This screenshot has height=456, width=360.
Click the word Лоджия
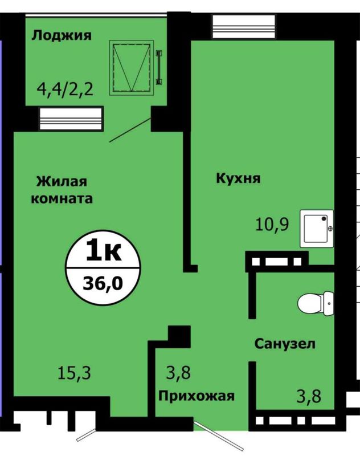tap(62, 36)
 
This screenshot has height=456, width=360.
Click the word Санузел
tap(285, 344)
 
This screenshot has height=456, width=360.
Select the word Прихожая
tap(197, 396)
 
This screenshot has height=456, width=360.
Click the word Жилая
tap(62, 182)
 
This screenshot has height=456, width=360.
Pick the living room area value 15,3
tap(74, 374)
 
